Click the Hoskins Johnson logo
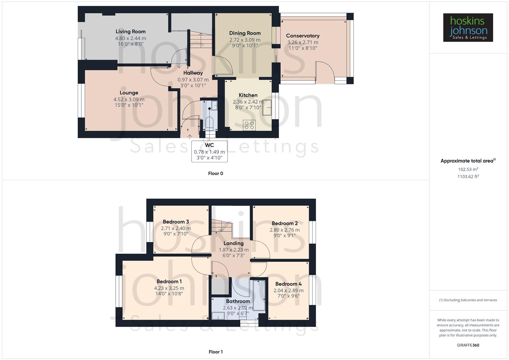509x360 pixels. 468,28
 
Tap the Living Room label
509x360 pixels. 131,32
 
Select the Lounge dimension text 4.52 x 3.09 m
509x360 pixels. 129,99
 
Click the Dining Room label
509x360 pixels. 245,33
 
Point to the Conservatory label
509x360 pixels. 303,36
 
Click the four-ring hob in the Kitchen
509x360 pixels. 249,125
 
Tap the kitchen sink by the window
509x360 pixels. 267,107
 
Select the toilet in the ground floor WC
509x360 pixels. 209,124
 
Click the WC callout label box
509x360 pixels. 209,151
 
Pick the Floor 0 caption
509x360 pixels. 216,173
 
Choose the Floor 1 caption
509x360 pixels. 216,352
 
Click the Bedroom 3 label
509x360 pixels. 176,222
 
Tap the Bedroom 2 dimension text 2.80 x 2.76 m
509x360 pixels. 285,230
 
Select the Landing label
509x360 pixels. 233,243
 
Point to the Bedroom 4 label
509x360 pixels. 288,284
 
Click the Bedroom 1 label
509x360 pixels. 169,282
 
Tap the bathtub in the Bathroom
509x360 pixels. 259,295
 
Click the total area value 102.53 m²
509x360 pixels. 468,169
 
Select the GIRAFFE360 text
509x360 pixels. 468,345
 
